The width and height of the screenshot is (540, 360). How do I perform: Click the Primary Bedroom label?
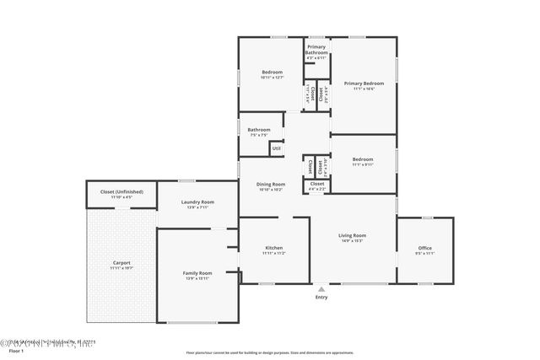(x=364, y=83)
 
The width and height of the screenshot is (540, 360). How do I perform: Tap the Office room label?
(x=424, y=248)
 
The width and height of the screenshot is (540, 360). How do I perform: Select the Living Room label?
(x=353, y=235)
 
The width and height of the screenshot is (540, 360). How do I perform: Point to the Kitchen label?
(x=274, y=248)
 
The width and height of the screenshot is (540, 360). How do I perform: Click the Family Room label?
(x=197, y=273)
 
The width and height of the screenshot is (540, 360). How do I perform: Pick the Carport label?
(x=121, y=263)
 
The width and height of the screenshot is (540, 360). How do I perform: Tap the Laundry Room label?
(x=197, y=202)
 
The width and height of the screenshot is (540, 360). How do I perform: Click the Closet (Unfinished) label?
(x=121, y=191)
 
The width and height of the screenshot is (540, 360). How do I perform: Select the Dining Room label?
(x=272, y=184)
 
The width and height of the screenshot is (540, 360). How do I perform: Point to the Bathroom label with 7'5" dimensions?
(x=259, y=130)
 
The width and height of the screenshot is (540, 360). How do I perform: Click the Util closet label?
(x=276, y=148)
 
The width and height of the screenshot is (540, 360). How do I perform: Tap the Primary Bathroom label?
(x=316, y=50)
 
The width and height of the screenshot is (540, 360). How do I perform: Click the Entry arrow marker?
(x=321, y=288)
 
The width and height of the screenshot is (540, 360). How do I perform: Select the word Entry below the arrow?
(x=321, y=298)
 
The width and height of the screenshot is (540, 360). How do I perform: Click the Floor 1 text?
(x=16, y=350)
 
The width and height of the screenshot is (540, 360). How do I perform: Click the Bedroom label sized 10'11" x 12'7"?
(x=272, y=73)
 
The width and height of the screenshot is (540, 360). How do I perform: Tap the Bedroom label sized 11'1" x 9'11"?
(x=363, y=159)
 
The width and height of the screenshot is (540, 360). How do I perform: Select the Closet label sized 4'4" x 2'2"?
(x=316, y=184)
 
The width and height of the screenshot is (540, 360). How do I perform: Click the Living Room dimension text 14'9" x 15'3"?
(x=353, y=241)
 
